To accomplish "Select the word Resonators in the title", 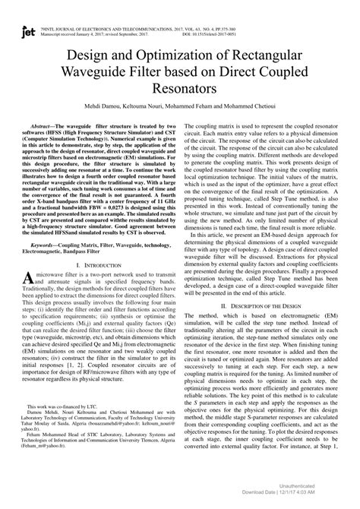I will click(x=179, y=90).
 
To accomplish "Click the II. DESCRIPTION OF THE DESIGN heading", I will click(x=269, y=305).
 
